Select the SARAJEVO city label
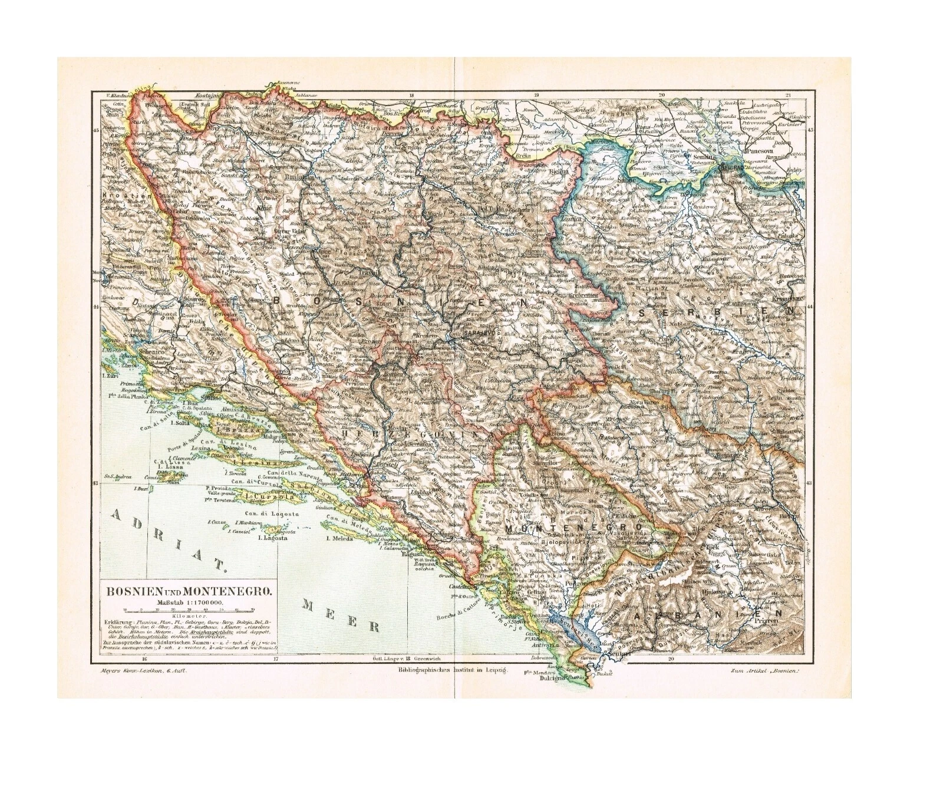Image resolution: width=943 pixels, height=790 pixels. [477, 333]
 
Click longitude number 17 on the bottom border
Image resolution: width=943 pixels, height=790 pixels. [275, 659]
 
